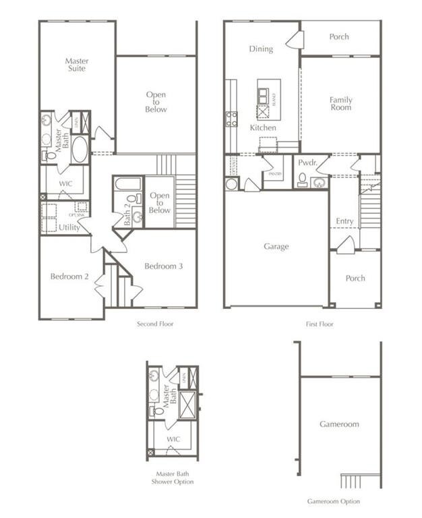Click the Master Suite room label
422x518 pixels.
click(77, 65)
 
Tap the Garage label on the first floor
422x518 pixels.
click(276, 247)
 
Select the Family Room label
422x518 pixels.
click(340, 104)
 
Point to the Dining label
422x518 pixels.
click(261, 49)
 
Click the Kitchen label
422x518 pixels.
click(263, 127)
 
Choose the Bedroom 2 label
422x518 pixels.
click(69, 277)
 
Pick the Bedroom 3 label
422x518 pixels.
click(163, 266)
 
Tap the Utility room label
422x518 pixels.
click(69, 228)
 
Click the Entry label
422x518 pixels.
click(344, 221)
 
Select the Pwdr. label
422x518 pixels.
click(307, 163)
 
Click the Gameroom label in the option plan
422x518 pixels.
click(339, 424)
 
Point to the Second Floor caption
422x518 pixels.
click(156, 324)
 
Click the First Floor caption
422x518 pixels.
click(320, 324)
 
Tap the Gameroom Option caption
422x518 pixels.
click(333, 501)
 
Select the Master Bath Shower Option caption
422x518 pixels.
click(172, 478)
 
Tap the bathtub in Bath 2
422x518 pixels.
click(128, 183)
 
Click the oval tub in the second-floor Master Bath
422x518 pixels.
click(80, 149)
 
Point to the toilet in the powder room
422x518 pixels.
click(303, 180)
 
